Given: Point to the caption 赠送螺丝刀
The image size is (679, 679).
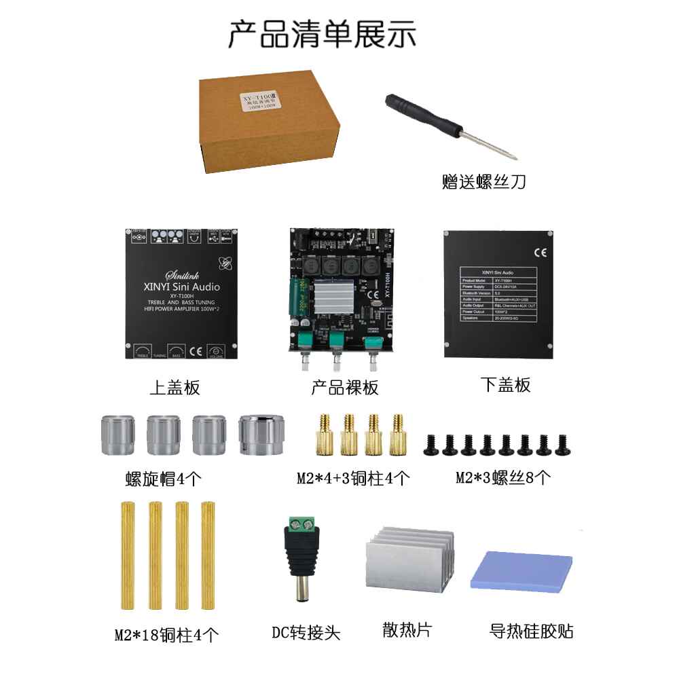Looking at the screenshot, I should pyautogui.click(x=483, y=182).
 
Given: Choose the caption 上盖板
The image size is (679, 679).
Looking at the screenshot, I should pyautogui.click(x=175, y=388).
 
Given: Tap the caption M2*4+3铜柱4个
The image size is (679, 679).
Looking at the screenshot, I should pyautogui.click(x=353, y=479).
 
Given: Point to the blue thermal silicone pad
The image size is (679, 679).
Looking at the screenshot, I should pyautogui.click(x=521, y=569).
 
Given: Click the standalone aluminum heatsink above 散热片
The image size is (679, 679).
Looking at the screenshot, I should pyautogui.click(x=408, y=561).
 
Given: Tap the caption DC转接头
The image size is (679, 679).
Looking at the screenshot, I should pyautogui.click(x=306, y=634).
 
